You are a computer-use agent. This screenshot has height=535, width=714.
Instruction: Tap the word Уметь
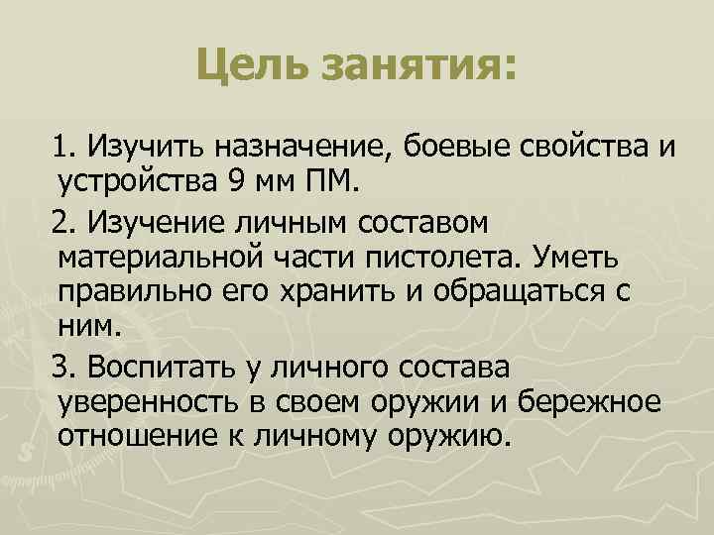pos(577,258)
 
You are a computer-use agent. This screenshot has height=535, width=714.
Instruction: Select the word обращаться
pos(526,294)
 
